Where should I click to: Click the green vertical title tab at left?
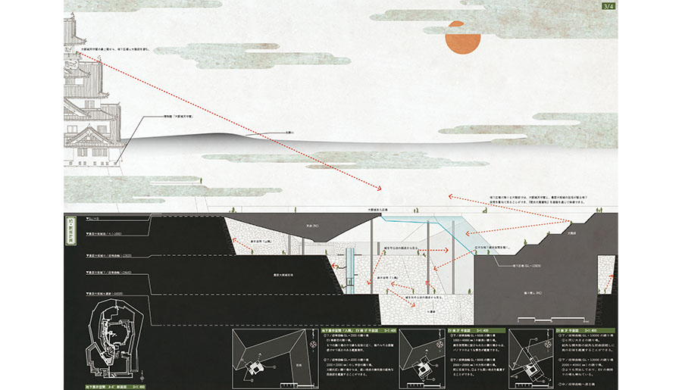pyautogui.click(x=69, y=228)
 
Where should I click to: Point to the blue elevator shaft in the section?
pyautogui.click(x=351, y=269)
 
